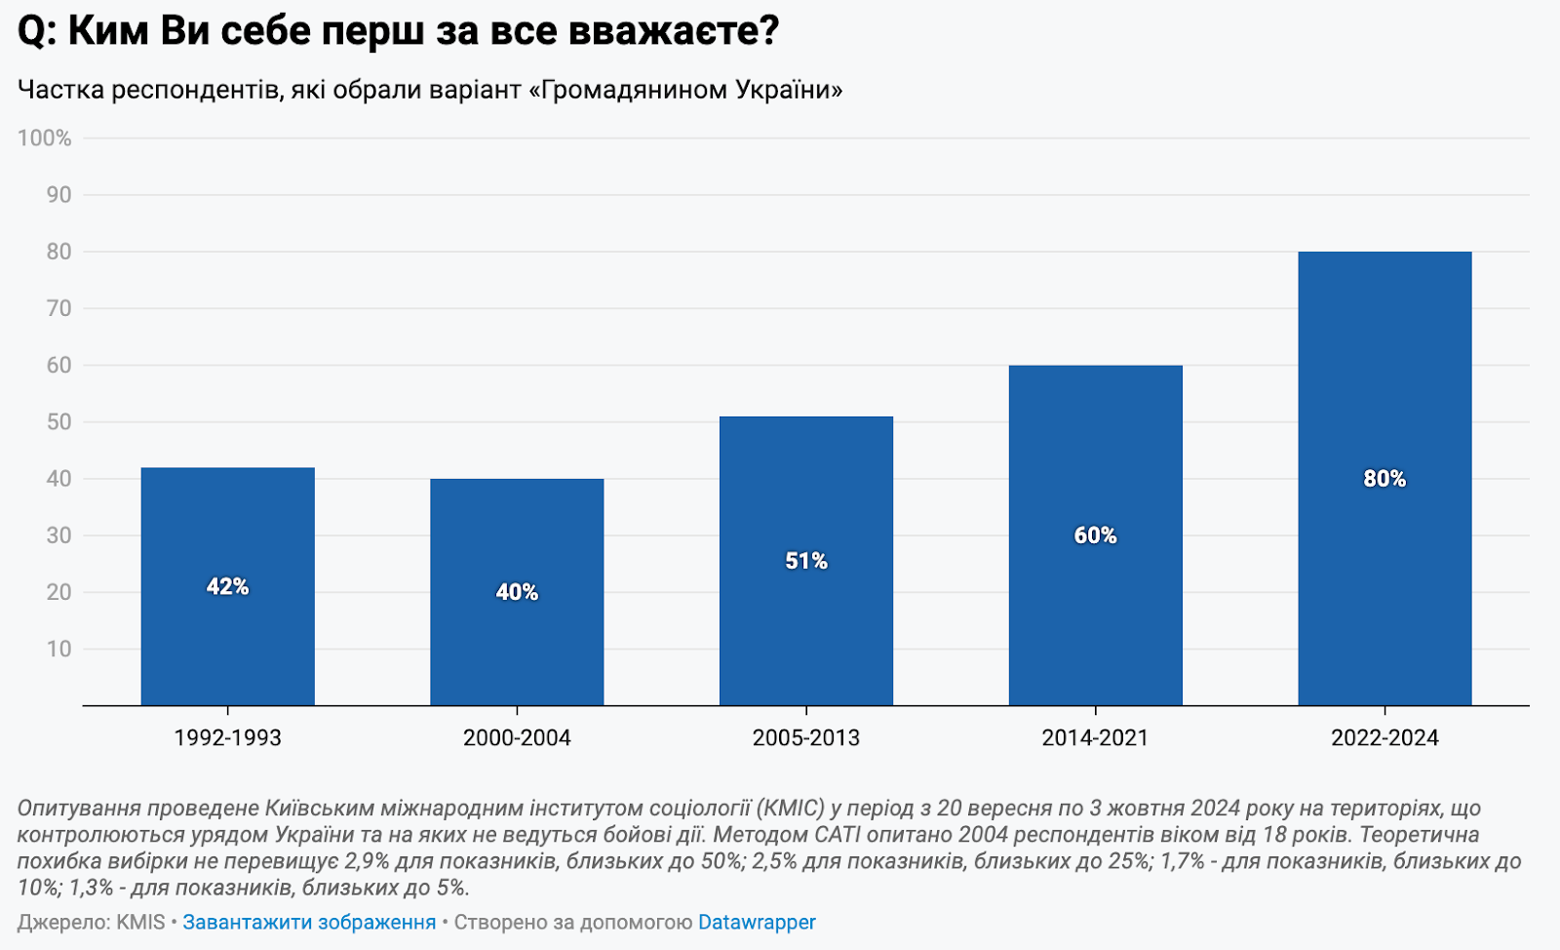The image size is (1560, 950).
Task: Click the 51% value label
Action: (x=806, y=561)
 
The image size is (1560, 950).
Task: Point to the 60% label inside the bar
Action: (x=1095, y=535)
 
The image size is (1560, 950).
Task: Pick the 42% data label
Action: (x=227, y=586)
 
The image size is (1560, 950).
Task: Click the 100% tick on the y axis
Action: (x=45, y=139)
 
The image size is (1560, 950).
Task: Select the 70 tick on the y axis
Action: (x=59, y=308)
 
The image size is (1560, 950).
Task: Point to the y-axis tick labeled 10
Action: (x=59, y=649)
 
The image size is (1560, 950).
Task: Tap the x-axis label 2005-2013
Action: (x=806, y=737)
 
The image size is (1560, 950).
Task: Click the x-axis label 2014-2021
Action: (x=1095, y=737)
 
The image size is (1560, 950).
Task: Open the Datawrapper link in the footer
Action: (x=757, y=922)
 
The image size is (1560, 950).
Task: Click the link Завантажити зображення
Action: (x=309, y=922)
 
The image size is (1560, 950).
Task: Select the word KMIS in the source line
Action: (x=140, y=922)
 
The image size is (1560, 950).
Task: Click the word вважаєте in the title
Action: (x=673, y=31)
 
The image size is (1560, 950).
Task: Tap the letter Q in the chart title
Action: (x=31, y=31)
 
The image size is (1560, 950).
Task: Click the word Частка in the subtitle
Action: (x=60, y=90)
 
